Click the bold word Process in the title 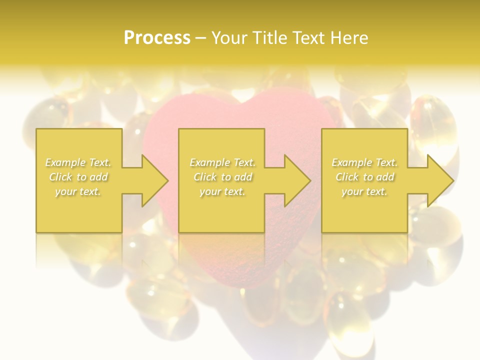(x=157, y=38)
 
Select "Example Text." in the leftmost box (x=78, y=162)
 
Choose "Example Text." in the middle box (x=222, y=162)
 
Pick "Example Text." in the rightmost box (x=364, y=162)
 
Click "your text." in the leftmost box (x=78, y=191)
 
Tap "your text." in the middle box (x=222, y=191)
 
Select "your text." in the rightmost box (x=364, y=191)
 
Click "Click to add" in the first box (x=78, y=177)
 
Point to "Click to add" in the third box (x=364, y=177)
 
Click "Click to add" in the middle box (x=222, y=177)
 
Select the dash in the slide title (x=201, y=38)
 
